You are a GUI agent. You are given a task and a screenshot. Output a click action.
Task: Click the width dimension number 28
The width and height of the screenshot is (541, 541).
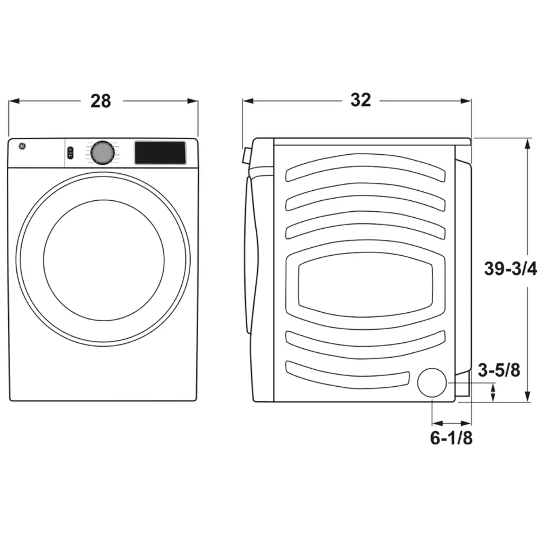[x=100, y=100]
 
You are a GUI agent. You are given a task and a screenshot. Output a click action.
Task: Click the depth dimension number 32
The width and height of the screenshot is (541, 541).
[x=360, y=100]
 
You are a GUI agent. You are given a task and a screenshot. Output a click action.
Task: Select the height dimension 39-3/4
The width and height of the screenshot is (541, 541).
[x=510, y=269]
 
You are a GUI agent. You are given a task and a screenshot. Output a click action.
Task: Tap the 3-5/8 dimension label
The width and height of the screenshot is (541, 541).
[x=499, y=370]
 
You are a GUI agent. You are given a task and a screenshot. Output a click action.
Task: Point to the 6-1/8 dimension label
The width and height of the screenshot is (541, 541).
[x=451, y=438]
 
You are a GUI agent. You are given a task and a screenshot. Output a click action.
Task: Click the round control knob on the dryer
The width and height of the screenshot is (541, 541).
[x=102, y=153]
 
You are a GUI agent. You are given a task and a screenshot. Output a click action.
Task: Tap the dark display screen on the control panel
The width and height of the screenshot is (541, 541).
[x=160, y=152]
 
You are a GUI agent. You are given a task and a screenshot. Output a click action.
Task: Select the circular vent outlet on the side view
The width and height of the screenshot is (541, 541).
[x=433, y=383]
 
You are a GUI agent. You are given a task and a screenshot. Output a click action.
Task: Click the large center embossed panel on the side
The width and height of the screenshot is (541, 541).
[x=365, y=285]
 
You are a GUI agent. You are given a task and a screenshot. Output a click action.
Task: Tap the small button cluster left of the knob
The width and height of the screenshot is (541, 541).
[x=71, y=153]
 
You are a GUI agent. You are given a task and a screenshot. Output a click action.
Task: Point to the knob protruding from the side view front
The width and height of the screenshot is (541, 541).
[x=245, y=156]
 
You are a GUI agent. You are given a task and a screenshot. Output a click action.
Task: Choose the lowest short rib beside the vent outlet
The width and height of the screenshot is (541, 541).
[x=348, y=374]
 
